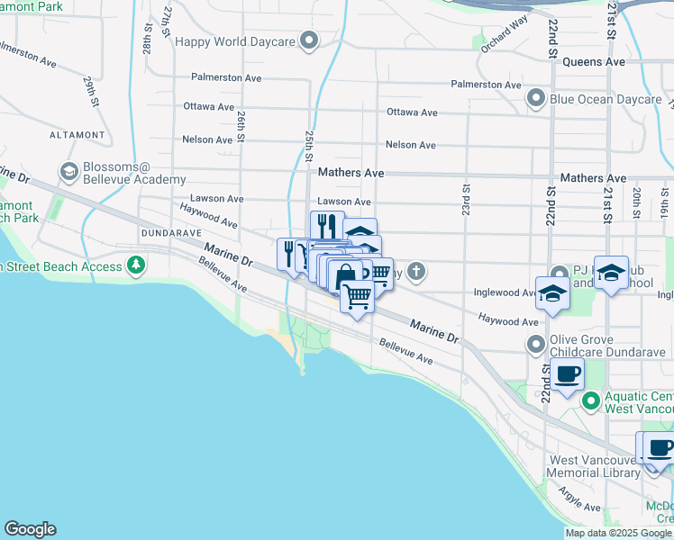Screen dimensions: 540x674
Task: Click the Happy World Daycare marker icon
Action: pyautogui.click(x=310, y=40)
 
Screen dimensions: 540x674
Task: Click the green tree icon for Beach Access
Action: pyautogui.click(x=136, y=265)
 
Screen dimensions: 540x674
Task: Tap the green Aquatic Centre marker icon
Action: pyautogui.click(x=591, y=400)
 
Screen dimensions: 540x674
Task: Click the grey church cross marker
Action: pyautogui.click(x=415, y=270)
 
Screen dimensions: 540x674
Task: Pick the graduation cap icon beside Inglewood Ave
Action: pyautogui.click(x=551, y=292)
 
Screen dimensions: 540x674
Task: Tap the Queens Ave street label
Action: pyautogui.click(x=593, y=62)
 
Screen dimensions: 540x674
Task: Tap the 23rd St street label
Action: pyautogui.click(x=466, y=200)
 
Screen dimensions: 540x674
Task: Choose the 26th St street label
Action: pyautogui.click(x=242, y=124)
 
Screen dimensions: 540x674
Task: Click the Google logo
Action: pyautogui.click(x=30, y=529)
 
